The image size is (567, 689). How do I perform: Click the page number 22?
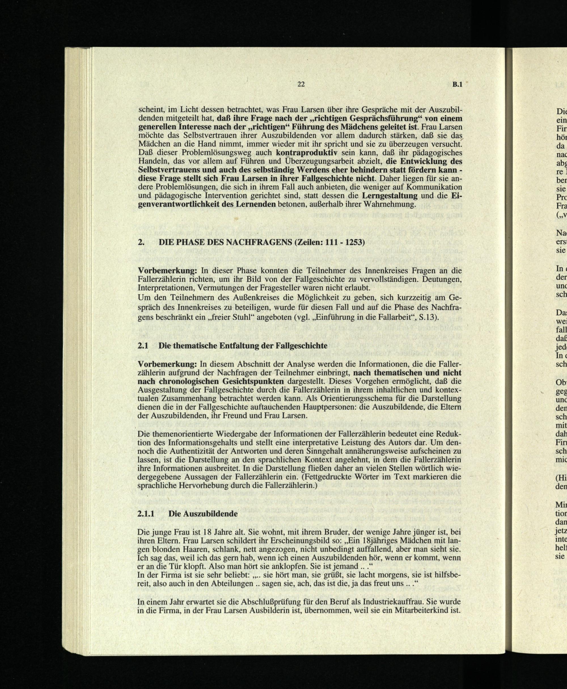point(301,84)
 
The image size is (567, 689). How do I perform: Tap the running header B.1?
point(458,84)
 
